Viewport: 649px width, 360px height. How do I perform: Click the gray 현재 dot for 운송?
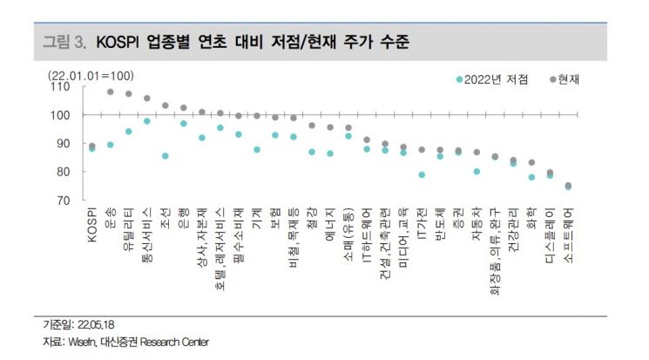(x=111, y=92)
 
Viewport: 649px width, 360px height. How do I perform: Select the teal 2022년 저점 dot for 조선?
(x=166, y=156)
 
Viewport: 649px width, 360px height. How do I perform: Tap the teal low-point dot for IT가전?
(x=422, y=174)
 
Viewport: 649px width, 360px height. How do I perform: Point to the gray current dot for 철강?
(x=312, y=126)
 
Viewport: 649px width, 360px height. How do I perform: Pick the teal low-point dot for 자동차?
(x=477, y=172)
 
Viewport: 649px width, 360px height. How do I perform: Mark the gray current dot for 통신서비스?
(x=147, y=98)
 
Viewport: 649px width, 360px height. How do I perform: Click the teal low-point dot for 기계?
(x=257, y=150)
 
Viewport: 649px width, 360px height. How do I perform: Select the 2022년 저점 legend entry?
(x=496, y=79)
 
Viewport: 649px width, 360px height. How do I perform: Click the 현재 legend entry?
(x=566, y=79)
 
